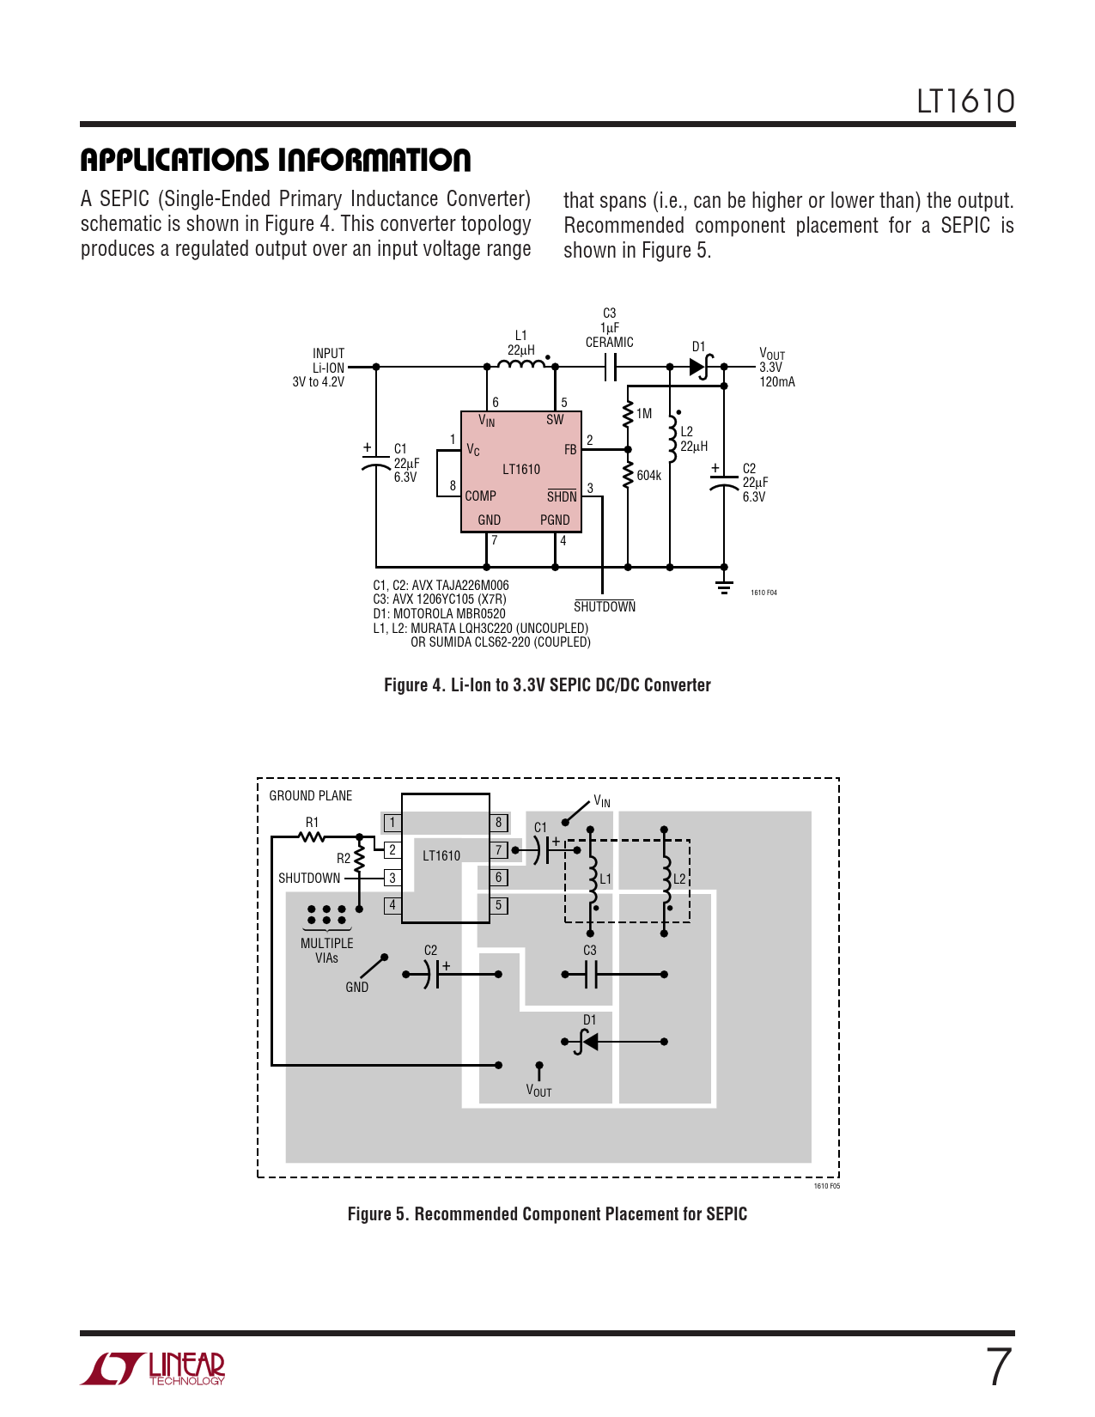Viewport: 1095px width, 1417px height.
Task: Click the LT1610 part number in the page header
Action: [965, 101]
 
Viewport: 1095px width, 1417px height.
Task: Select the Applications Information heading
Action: [276, 160]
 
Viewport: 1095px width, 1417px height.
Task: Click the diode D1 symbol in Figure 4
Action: [699, 367]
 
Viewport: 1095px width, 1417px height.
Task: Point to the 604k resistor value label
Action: [649, 476]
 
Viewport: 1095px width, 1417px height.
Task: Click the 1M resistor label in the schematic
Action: [644, 414]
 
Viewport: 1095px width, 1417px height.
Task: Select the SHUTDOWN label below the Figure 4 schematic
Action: [605, 607]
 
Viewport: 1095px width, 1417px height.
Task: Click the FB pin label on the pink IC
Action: [570, 450]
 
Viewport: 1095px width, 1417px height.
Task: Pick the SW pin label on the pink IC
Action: [555, 420]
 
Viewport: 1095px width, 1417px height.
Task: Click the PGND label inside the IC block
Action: [555, 520]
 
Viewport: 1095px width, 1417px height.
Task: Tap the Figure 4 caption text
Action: [547, 685]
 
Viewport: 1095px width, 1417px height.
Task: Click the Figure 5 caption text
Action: [547, 1214]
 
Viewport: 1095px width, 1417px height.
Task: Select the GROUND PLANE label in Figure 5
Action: [311, 796]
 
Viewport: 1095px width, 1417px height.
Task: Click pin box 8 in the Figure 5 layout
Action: [498, 823]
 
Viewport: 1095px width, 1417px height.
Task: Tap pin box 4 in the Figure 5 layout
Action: [392, 905]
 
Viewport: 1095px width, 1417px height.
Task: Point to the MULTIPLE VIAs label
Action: [326, 950]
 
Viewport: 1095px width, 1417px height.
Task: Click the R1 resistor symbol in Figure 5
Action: [312, 836]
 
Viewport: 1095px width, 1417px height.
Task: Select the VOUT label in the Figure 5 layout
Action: [538, 1091]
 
